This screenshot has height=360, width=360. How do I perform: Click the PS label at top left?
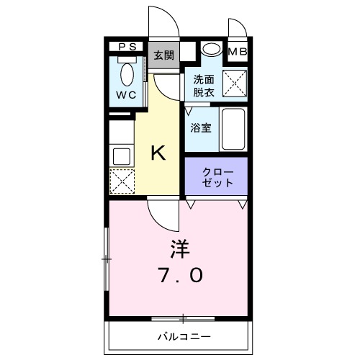[127, 48]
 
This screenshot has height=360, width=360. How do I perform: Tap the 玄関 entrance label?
[163, 55]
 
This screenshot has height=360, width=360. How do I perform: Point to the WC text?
[127, 94]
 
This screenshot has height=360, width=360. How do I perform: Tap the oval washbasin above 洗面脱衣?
[211, 49]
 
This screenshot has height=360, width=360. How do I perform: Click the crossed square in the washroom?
[235, 84]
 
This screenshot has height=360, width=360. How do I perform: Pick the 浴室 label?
[200, 127]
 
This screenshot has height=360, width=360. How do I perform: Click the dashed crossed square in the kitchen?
[120, 180]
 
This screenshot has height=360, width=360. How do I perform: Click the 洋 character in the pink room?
[179, 249]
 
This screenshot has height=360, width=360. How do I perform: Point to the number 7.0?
[180, 275]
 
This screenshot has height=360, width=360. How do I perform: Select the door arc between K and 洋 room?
[161, 213]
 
